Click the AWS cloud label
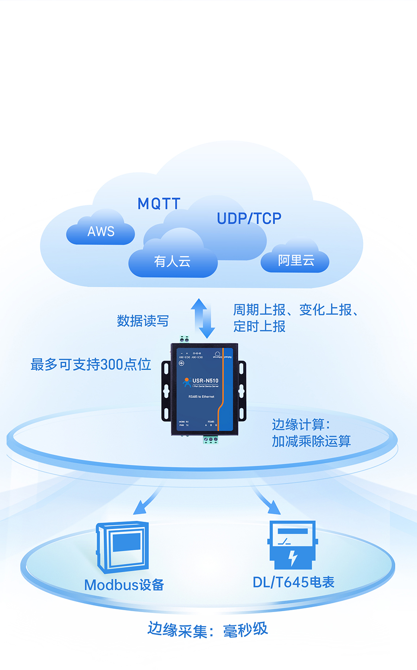(101, 231)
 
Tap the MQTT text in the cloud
(159, 203)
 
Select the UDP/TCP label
(249, 218)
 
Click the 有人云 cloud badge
(172, 261)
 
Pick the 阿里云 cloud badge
(296, 260)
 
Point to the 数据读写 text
(143, 321)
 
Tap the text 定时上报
(259, 326)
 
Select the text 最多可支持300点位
(91, 365)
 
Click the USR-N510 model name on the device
(205, 381)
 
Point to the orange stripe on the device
(223, 385)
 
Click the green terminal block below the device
(210, 439)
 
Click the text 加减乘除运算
(311, 441)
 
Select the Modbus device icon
(123, 547)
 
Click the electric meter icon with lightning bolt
(292, 544)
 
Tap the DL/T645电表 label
(293, 582)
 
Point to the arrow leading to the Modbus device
(147, 501)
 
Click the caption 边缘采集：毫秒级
(208, 630)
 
